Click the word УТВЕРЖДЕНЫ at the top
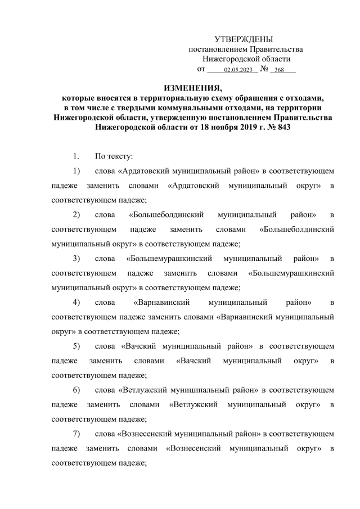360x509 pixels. pos(244,39)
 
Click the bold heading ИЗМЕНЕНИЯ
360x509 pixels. pos(192,88)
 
